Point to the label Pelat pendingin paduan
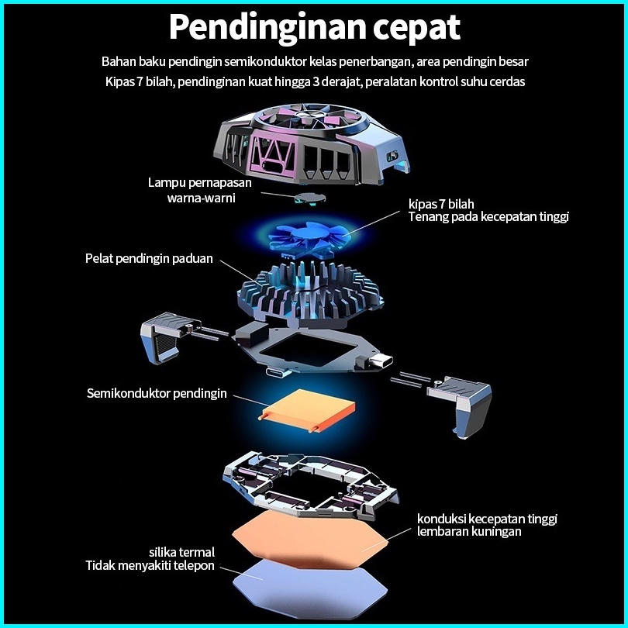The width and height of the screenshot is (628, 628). point(149,258)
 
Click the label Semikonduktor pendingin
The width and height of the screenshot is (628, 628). point(157,393)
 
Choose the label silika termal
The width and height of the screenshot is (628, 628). point(181,552)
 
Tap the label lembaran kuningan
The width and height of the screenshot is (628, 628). point(469,532)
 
